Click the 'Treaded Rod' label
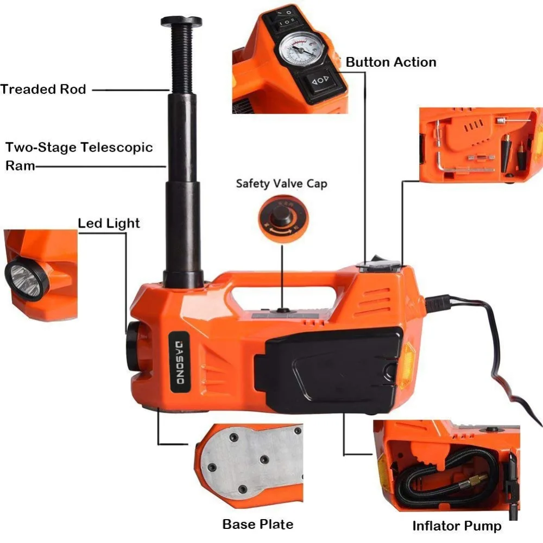(43, 89)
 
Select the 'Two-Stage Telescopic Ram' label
(79, 155)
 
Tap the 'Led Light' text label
(109, 223)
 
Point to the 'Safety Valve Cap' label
(281, 184)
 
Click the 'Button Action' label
(391, 62)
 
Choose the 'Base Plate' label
(258, 524)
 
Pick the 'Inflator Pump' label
(457, 526)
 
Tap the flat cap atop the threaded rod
(181, 21)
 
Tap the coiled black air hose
(440, 478)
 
